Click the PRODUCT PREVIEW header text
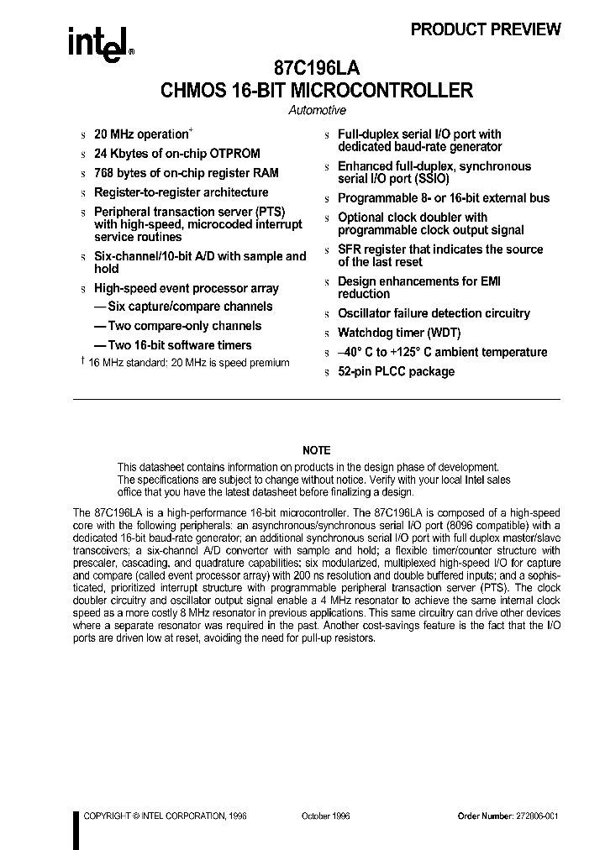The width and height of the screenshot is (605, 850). pos(485,29)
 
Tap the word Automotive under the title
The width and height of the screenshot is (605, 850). pos(317,110)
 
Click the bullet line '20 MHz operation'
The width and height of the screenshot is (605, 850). pos(142,134)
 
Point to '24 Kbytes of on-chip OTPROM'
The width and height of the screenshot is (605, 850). pos(176,154)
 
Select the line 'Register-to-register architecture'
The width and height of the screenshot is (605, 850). pos(181,192)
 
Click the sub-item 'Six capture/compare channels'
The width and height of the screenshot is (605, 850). pos(183,307)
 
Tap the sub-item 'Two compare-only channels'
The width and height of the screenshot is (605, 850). pos(177,326)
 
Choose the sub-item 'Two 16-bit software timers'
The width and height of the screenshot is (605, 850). pos(172,345)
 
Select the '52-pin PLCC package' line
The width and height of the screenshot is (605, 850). pos(396,371)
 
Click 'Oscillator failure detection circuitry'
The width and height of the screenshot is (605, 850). pos(434,313)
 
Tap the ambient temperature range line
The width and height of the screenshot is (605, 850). pos(442,352)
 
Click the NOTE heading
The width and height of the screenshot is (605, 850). pos(317,450)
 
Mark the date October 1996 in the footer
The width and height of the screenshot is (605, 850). pos(325,816)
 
